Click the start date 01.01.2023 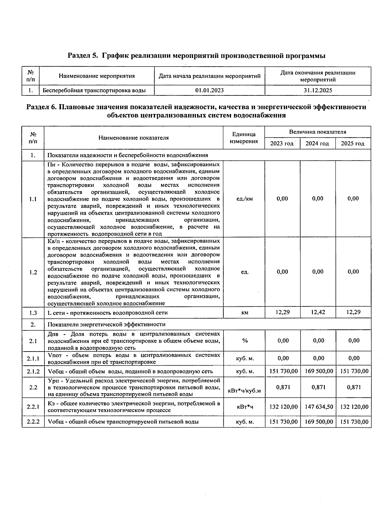click(209, 90)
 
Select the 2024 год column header click(317, 143)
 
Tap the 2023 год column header click(282, 143)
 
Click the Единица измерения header click(244, 138)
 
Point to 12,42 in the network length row click(318, 312)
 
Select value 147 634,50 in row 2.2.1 click(319, 407)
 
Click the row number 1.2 click(33, 272)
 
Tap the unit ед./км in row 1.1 click(244, 199)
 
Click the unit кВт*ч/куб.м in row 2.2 click(244, 391)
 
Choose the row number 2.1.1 click(33, 359)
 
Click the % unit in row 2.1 click(244, 341)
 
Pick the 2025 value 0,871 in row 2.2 click(354, 387)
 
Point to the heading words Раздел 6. click(41, 107)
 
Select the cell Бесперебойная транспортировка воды click(94, 90)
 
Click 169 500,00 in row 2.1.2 click(319, 371)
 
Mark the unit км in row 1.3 click(244, 312)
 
